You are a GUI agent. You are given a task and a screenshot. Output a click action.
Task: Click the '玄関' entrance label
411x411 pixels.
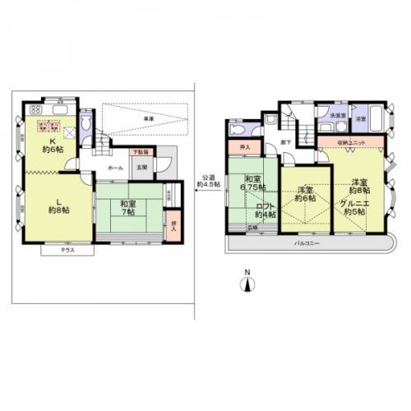(x=141, y=168)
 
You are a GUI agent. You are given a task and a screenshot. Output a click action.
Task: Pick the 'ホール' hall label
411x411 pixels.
(x=114, y=168)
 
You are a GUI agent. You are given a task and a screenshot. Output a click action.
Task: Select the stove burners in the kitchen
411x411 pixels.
(x=36, y=110)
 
